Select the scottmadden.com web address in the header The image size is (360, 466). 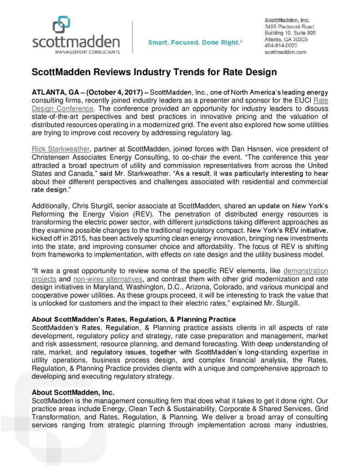285,52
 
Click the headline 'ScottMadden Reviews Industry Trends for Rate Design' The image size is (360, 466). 154,72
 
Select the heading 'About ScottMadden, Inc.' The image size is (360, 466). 73,392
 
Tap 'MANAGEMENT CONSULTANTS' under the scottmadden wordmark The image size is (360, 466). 76,52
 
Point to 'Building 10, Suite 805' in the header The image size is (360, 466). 290,33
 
